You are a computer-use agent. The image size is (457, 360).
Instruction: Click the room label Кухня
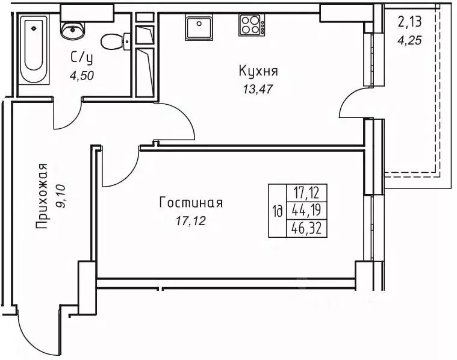click(x=258, y=72)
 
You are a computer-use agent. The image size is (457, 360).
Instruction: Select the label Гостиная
click(x=191, y=203)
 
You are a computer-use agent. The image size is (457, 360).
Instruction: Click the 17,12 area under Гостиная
click(x=191, y=221)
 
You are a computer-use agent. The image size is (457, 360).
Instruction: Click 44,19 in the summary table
click(x=305, y=211)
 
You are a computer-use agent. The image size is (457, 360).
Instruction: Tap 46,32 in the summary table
click(x=305, y=229)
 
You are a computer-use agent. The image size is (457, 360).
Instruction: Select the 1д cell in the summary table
click(x=278, y=211)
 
